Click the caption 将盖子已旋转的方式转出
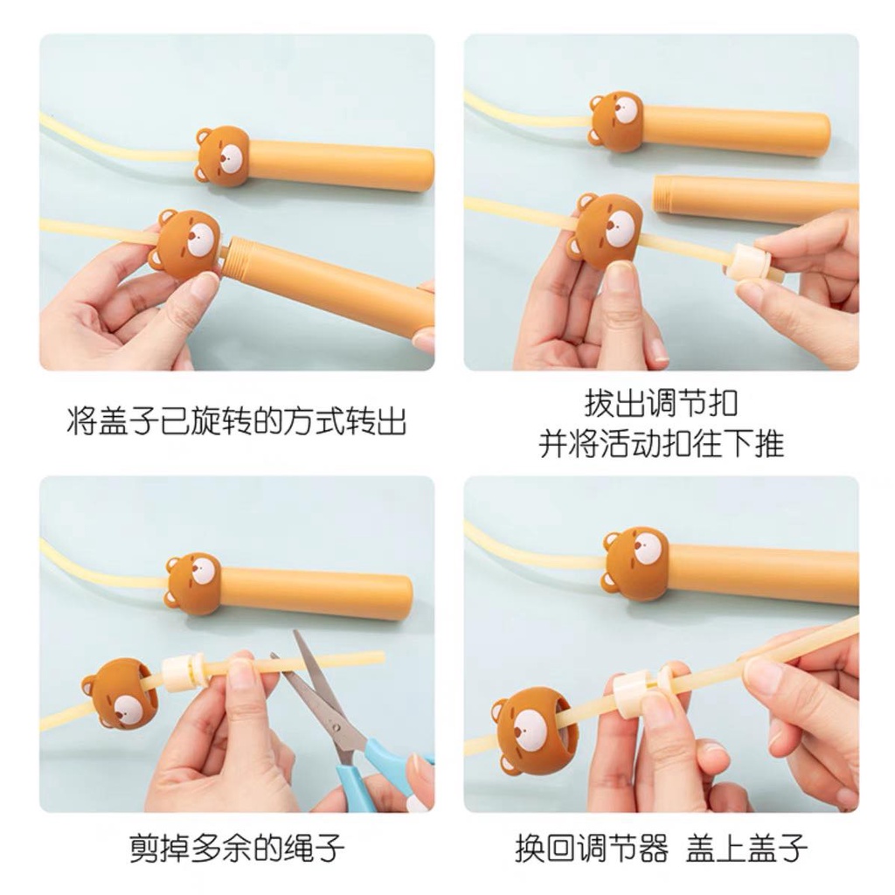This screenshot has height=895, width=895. (x=236, y=423)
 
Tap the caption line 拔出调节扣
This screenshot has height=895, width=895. (x=661, y=405)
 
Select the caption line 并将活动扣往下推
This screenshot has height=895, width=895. (x=661, y=444)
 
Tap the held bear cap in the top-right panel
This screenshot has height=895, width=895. (x=608, y=229)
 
